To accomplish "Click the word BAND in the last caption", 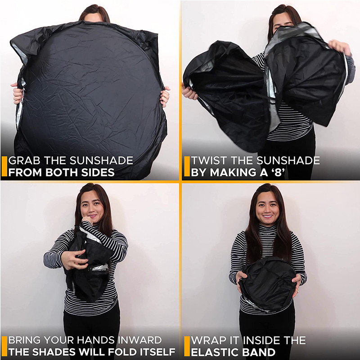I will (258, 352).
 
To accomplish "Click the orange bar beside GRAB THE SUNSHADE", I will (4, 166).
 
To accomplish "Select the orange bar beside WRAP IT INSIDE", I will (186, 346).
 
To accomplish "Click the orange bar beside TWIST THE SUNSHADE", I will (186, 166).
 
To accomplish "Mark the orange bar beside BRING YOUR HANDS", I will (4, 346).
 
